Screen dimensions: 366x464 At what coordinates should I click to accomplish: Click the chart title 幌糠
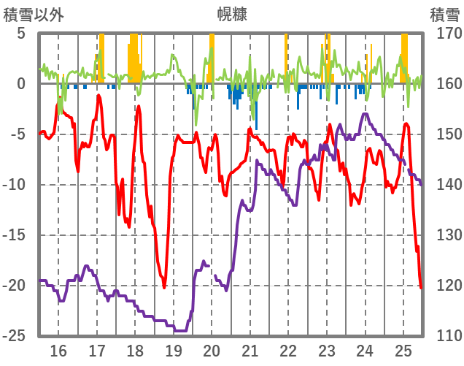(231, 14)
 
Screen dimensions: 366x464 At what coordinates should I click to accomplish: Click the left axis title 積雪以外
(33, 14)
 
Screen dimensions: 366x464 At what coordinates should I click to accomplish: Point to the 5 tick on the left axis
(21, 34)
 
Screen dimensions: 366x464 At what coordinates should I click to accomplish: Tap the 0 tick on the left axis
(21, 84)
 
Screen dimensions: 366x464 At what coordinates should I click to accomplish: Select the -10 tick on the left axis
(16, 185)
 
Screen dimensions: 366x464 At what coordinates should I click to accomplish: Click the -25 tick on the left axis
(16, 336)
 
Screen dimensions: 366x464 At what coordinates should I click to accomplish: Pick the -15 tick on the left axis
(16, 235)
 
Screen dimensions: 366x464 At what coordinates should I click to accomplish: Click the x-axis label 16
(58, 350)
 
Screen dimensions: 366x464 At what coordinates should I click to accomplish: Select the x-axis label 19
(174, 350)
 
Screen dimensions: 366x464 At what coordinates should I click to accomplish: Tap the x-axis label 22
(289, 350)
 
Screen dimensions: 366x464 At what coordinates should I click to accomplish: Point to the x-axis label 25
(403, 350)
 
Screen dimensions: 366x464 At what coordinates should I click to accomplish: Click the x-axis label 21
(250, 350)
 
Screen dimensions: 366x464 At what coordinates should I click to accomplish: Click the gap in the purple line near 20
(212, 270)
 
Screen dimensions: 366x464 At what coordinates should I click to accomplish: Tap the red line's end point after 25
(422, 288)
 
